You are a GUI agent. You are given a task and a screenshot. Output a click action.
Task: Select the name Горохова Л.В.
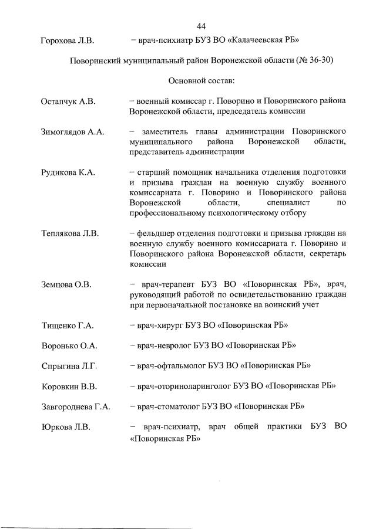pyautogui.click(x=67, y=40)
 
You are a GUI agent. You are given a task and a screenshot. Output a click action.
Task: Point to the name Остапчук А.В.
pyautogui.click(x=68, y=101)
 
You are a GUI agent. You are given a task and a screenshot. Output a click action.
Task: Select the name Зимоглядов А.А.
pyautogui.click(x=73, y=132)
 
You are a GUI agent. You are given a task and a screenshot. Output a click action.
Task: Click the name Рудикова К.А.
pyautogui.click(x=68, y=172)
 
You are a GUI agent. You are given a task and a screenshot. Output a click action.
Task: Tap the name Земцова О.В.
pyautogui.click(x=66, y=284)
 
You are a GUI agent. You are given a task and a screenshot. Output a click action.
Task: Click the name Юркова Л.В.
pyautogui.click(x=66, y=426)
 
